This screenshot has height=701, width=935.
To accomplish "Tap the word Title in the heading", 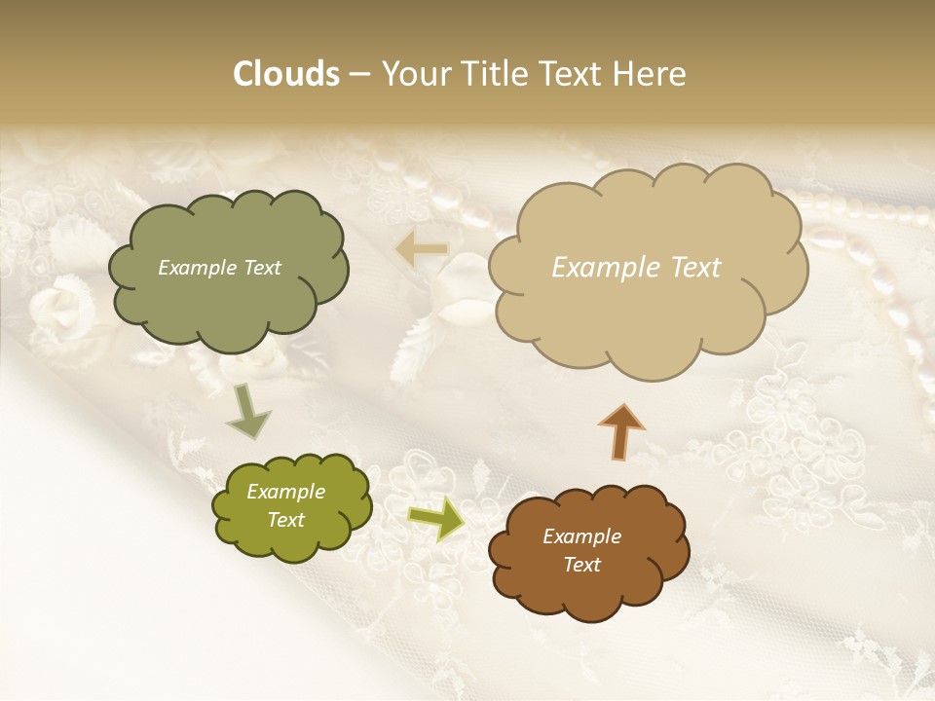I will (492, 74).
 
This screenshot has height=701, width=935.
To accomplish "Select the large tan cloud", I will (647, 266).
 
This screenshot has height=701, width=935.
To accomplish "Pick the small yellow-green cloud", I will (291, 506).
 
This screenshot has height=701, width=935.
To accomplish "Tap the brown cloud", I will (588, 551).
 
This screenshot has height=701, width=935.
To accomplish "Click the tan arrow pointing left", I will (421, 250).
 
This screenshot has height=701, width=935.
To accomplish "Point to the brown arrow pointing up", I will (621, 431).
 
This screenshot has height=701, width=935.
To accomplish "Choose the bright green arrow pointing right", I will (436, 519).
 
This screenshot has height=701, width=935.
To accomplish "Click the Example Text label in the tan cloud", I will (636, 268).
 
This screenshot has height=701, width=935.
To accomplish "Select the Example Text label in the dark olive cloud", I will (219, 268).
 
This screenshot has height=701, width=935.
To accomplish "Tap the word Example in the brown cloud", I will (581, 536).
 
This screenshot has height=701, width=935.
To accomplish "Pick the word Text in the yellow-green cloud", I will (285, 520).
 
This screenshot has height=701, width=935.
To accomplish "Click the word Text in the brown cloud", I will (581, 565).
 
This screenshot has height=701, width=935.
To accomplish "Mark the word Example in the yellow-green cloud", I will (285, 492).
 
